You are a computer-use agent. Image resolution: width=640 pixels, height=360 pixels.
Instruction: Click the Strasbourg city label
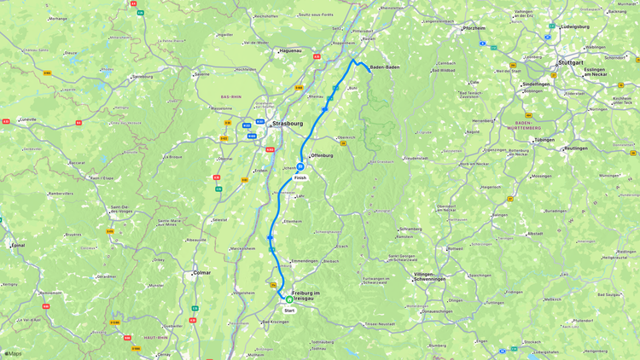click(x=288, y=124)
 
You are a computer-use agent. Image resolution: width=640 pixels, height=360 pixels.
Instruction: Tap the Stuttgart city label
click(x=570, y=63)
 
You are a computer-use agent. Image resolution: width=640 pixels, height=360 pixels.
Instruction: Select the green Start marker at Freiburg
click(x=289, y=299)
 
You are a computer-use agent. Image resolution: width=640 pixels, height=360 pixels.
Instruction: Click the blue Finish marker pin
click(x=300, y=167)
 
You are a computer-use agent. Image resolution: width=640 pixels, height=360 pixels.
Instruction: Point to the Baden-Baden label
click(x=385, y=67)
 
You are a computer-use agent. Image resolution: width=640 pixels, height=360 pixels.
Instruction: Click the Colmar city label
click(x=202, y=272)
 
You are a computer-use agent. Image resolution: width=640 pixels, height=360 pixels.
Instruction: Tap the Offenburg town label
click(x=322, y=155)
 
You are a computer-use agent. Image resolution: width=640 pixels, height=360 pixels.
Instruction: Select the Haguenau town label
click(x=290, y=50)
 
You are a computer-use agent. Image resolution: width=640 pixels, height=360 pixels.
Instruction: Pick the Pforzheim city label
click(x=474, y=28)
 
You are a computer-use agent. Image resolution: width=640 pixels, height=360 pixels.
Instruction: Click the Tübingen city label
click(x=544, y=140)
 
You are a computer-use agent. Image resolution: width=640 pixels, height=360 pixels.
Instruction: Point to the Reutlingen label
click(x=576, y=148)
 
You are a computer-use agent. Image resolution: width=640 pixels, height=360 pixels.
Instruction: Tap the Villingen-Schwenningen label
click(x=429, y=276)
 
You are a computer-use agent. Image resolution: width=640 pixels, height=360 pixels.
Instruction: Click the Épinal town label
click(x=18, y=245)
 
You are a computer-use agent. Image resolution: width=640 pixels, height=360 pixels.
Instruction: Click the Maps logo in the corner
click(x=13, y=353)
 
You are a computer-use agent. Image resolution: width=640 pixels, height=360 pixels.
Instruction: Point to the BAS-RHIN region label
click(x=230, y=97)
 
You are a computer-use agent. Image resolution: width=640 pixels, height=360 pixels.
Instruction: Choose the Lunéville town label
click(x=28, y=119)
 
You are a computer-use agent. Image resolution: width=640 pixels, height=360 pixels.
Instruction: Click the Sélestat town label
click(x=219, y=219)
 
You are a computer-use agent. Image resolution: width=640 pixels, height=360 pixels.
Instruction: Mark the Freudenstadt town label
click(x=415, y=158)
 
